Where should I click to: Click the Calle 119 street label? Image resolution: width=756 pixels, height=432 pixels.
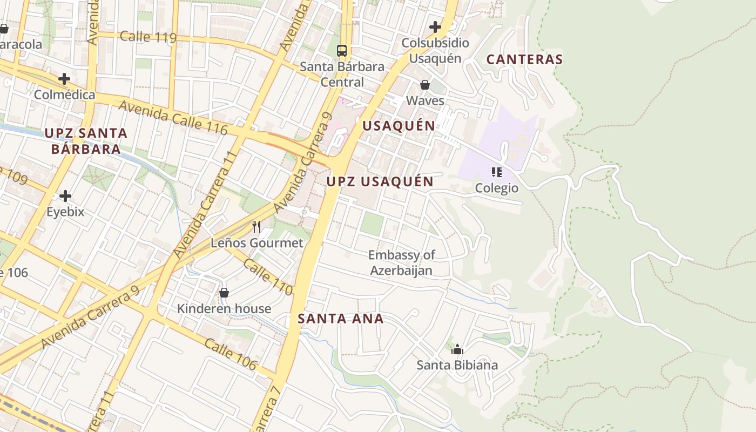[148, 37]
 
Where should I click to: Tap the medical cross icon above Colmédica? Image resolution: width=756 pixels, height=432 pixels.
[64, 79]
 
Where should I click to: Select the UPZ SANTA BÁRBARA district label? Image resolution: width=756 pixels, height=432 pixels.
[86, 141]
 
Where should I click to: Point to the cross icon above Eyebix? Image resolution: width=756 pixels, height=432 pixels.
[65, 195]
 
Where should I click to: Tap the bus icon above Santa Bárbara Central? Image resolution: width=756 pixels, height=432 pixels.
[342, 51]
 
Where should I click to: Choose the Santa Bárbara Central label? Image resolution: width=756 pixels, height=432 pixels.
[342, 75]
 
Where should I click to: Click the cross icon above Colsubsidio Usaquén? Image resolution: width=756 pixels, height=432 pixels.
[435, 26]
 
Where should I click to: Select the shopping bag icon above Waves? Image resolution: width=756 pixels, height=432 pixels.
[425, 85]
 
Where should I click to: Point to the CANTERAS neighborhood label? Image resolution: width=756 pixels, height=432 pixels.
[524, 59]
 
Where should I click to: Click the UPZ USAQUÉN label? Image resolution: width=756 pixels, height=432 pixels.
[380, 181]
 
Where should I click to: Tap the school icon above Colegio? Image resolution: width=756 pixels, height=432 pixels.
[497, 172]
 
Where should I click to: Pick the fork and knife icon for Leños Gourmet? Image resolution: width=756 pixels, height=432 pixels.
[256, 227]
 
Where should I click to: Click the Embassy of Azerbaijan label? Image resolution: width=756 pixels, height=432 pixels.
[401, 262]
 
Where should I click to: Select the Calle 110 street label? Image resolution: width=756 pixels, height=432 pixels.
[268, 277]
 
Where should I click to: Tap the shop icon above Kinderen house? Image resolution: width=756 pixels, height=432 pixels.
[224, 293]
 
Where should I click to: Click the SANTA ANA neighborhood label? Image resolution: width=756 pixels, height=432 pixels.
[341, 319]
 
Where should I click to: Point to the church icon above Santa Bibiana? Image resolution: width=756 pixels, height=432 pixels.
[457, 349]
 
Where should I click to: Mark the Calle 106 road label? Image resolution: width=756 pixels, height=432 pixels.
[231, 354]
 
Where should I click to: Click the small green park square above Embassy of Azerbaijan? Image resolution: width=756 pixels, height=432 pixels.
[372, 224]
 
